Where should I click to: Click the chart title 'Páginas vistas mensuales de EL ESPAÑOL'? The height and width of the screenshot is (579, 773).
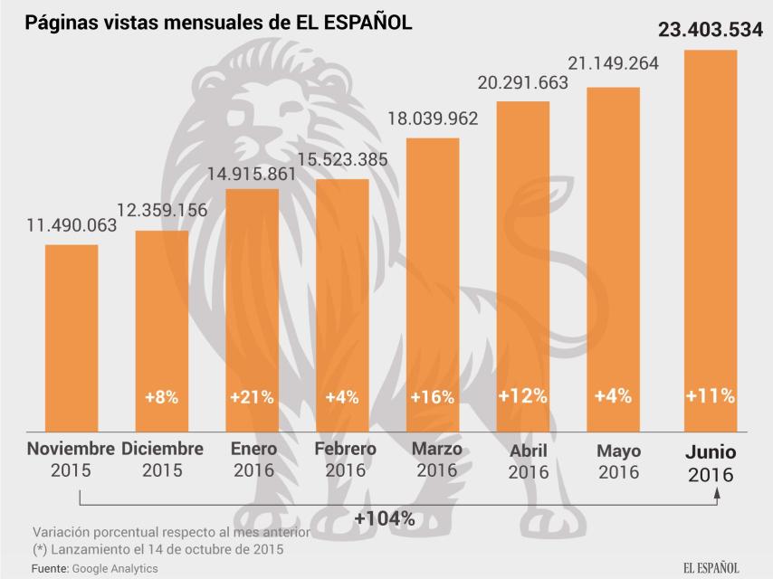[x=218, y=22]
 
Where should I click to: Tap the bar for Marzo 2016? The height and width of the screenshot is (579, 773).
[x=433, y=284]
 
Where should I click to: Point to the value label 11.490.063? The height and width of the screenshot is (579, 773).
[x=72, y=225]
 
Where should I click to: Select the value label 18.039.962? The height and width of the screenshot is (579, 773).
[x=433, y=119]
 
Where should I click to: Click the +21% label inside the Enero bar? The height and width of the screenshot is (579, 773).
[x=252, y=396]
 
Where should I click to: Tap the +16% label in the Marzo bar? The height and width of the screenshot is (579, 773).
[x=433, y=396]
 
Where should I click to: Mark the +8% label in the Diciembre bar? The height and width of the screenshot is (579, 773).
[x=161, y=396]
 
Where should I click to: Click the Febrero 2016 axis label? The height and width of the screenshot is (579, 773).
[x=345, y=460]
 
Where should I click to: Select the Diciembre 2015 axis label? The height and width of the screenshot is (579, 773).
[x=162, y=460]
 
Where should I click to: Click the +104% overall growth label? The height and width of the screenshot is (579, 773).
[x=385, y=519]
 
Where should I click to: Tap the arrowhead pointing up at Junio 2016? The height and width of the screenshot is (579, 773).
[x=718, y=493]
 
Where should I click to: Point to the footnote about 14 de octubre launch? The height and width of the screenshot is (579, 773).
[x=159, y=549]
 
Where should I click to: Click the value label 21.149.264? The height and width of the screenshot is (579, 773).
[x=613, y=63]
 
